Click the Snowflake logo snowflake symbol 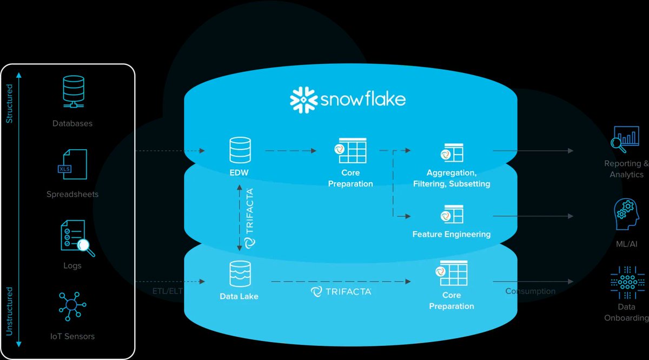[303, 99]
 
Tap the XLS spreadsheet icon [72, 164]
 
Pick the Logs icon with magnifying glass [75, 238]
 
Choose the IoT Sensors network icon [71, 306]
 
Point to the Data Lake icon [239, 275]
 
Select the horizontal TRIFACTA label [341, 292]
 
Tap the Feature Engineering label [451, 235]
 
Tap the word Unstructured [9, 312]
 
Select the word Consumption [530, 291]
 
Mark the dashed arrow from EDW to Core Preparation [291, 151]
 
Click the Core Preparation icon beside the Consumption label [451, 273]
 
